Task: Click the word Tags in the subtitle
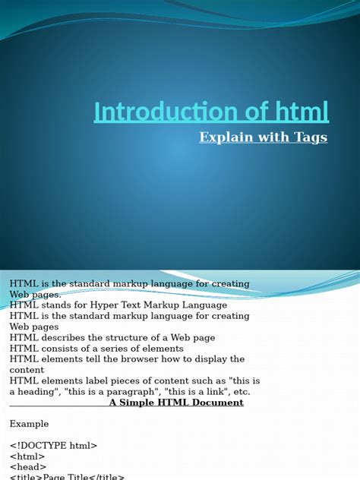click(x=309, y=137)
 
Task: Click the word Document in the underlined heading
click(x=218, y=403)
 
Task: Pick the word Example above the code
click(x=29, y=424)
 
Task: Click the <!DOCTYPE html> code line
click(x=53, y=445)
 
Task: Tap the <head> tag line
click(x=28, y=466)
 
